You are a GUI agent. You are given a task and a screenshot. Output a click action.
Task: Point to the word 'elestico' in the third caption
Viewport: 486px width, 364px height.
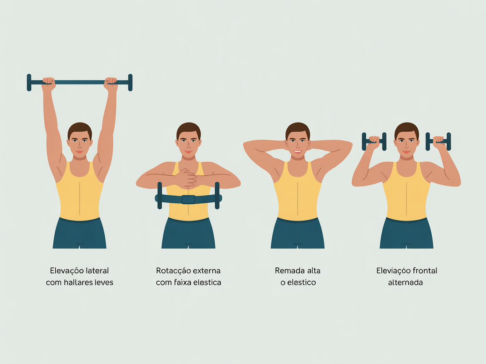click(x=301, y=282)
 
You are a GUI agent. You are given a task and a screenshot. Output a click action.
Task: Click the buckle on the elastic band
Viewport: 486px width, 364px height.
click(x=188, y=200)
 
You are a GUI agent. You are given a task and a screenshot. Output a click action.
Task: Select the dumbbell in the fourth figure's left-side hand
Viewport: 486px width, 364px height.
click(x=374, y=141)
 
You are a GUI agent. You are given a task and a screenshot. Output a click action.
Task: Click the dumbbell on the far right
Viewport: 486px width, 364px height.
click(x=438, y=141)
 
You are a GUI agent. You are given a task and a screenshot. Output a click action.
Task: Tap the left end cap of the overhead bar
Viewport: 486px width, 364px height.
click(x=29, y=82)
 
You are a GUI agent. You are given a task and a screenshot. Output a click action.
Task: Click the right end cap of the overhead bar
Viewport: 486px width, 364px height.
click(x=130, y=82)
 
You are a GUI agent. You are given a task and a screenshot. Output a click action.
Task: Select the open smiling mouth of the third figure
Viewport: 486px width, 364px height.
click(x=297, y=151)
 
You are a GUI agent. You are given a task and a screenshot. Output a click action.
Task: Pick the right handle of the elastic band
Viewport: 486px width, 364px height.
click(x=217, y=195)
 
